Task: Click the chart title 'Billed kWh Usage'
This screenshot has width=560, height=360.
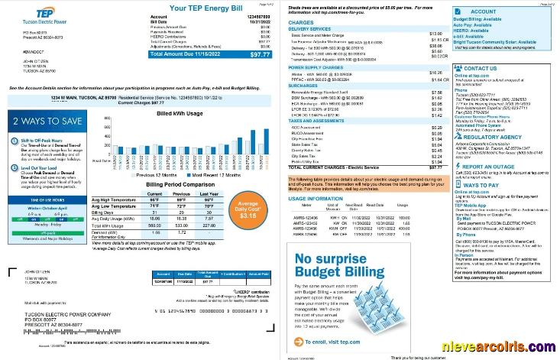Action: click(179, 113)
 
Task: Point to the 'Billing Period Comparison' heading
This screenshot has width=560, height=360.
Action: click(180, 184)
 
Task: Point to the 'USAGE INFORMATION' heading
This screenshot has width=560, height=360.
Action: click(310, 197)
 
